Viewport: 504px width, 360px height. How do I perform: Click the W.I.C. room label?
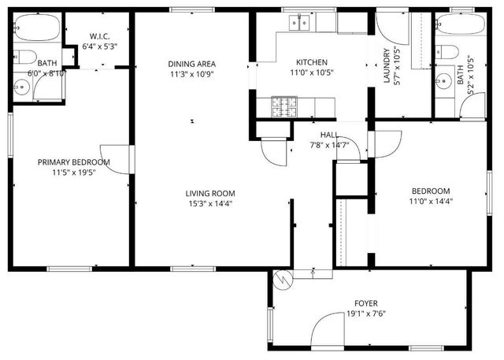pos(99,35)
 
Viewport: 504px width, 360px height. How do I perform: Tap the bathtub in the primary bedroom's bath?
pos(36,30)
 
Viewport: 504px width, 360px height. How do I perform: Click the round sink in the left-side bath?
pos(21,87)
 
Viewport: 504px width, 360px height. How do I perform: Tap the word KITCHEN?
pos(311,63)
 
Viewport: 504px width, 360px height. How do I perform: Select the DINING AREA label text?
pos(191,64)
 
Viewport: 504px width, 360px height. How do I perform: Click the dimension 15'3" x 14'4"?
pos(209,203)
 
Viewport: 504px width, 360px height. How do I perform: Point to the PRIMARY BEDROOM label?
pos(74,162)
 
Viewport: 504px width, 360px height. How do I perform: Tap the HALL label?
pos(328,135)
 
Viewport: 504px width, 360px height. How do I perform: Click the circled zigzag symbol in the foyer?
pos(282,278)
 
